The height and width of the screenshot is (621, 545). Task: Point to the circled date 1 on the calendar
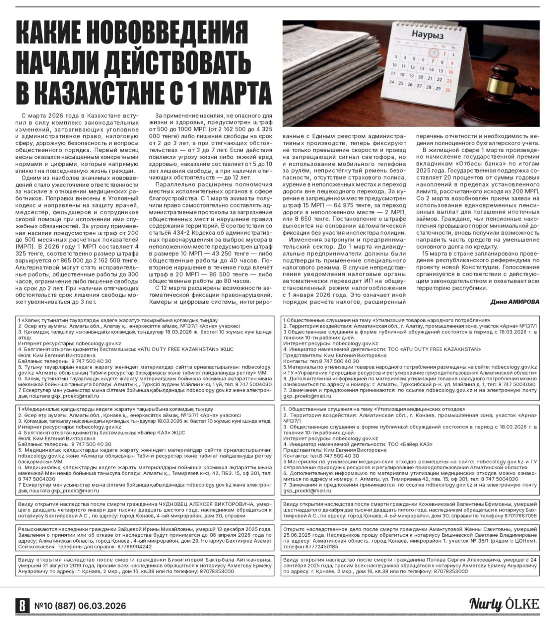(x=434, y=52)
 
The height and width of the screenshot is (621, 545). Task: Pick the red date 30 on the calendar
(x=447, y=90)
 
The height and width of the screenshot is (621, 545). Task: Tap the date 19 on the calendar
(x=411, y=76)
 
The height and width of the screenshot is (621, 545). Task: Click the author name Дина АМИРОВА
(x=514, y=302)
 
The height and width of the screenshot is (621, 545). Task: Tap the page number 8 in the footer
(x=22, y=605)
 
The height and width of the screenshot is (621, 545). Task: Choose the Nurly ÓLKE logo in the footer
(x=504, y=604)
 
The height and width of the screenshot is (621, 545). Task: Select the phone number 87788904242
(x=133, y=546)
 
